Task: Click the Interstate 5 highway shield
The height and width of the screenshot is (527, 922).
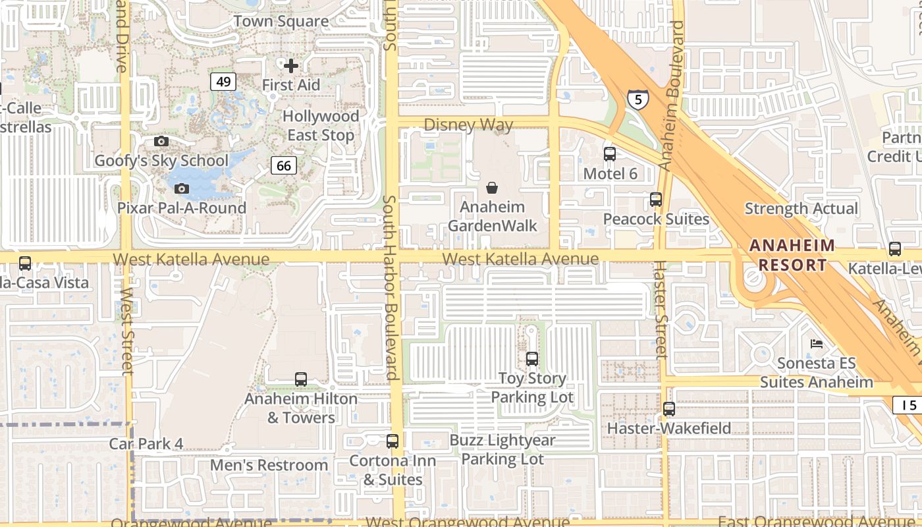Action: click(x=637, y=99)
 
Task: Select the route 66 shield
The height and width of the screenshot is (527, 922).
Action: click(x=284, y=165)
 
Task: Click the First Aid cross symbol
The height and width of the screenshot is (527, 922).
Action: click(x=291, y=66)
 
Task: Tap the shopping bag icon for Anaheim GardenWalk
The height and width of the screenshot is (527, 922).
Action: click(x=491, y=188)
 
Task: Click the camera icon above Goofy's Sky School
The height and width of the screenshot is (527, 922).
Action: click(x=161, y=141)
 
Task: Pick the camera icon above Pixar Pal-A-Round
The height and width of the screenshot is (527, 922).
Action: click(x=182, y=189)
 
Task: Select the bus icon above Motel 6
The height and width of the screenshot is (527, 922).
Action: click(x=610, y=154)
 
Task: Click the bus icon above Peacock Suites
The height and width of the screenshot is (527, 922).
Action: click(x=656, y=200)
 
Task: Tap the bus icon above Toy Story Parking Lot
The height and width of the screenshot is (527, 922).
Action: click(x=532, y=359)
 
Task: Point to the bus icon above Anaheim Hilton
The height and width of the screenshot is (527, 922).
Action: click(x=301, y=379)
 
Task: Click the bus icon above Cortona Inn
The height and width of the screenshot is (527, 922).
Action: click(x=393, y=441)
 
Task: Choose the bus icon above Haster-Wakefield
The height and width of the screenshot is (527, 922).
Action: click(x=669, y=409)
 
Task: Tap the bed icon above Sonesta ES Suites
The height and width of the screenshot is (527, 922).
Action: click(x=817, y=344)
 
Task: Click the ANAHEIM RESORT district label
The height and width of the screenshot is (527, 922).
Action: click(x=792, y=256)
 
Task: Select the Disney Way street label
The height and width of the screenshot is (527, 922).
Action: click(x=468, y=125)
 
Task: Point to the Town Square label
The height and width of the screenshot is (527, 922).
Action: click(x=281, y=21)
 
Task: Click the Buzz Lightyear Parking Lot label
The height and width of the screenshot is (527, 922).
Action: click(x=502, y=449)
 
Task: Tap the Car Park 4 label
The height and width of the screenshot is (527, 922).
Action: click(x=146, y=444)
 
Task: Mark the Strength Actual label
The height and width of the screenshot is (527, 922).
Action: click(x=801, y=209)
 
